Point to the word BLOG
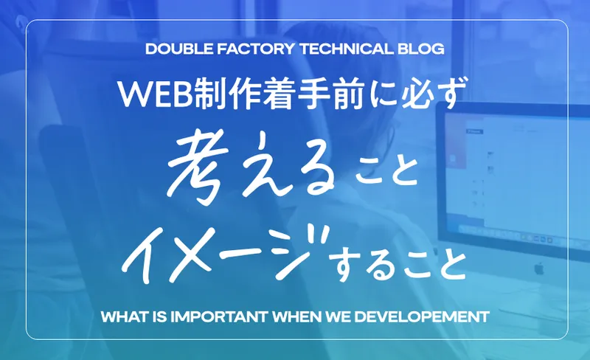[421, 49]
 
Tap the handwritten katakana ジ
[301, 250]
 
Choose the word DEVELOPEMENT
[422, 316]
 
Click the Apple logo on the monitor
[539, 269]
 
